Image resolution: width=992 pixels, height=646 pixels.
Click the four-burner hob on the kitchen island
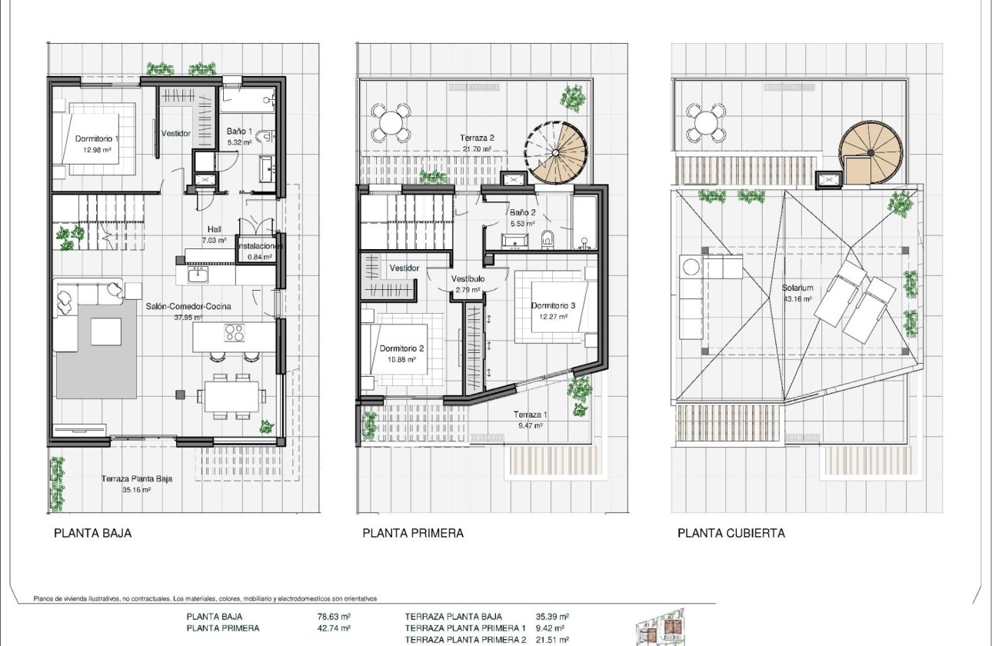[234, 333]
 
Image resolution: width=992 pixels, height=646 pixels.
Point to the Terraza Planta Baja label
[136, 478]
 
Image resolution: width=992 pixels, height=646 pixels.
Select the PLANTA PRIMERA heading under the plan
[413, 533]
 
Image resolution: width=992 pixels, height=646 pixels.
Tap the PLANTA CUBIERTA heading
[731, 533]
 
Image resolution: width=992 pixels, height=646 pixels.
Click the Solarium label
[797, 288]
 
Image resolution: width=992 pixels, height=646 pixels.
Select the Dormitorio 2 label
[401, 348]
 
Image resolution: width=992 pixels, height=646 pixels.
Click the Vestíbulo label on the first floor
[468, 279]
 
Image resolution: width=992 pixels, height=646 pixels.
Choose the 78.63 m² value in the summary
[334, 616]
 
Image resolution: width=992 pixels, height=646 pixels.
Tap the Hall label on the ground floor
[215, 229]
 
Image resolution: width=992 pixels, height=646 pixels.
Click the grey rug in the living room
[96, 346]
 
